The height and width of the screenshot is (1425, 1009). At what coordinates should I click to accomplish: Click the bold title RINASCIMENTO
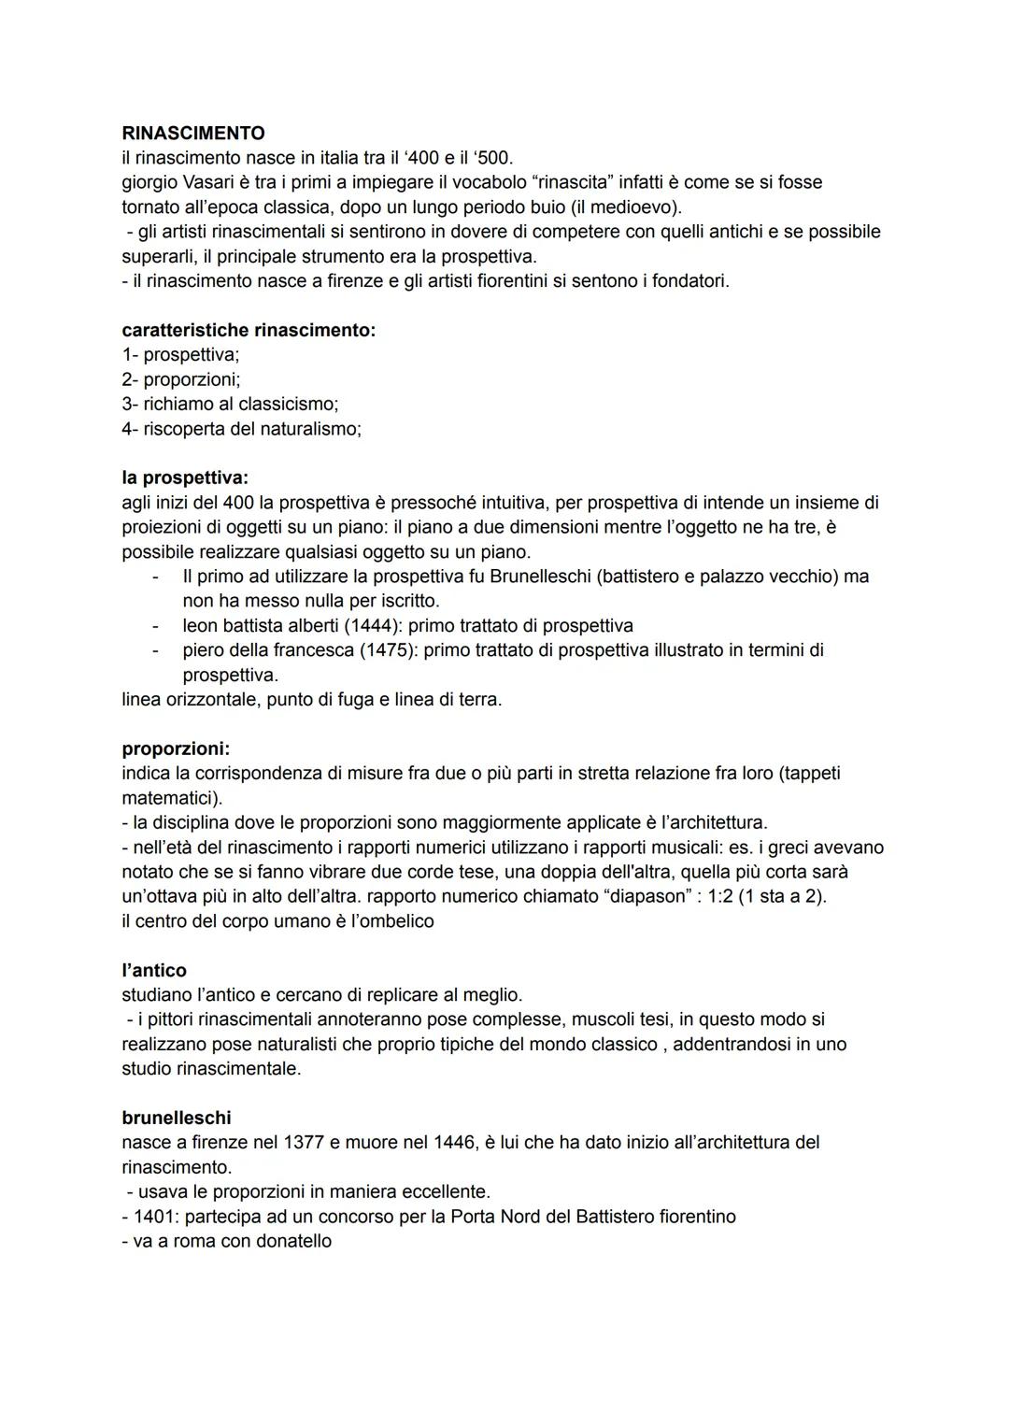coord(193,134)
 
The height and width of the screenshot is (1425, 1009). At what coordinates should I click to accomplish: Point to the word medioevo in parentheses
coord(637,207)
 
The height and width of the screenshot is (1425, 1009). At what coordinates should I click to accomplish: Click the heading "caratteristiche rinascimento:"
coord(249,331)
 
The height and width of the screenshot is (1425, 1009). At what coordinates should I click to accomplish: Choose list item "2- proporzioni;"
coord(181,379)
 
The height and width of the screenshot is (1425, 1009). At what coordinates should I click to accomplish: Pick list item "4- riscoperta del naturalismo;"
coord(241,429)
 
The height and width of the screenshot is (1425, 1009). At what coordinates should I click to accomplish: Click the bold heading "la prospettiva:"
coord(185,478)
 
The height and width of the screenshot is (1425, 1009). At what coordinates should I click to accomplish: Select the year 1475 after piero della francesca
coord(388,650)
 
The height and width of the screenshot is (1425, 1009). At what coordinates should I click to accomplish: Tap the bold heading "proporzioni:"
coord(176,749)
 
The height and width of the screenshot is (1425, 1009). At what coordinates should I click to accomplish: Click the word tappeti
coord(809,774)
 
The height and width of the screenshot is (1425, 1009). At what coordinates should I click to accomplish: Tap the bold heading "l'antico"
coord(154,971)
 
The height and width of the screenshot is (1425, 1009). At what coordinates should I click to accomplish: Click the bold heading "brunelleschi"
coord(177,1119)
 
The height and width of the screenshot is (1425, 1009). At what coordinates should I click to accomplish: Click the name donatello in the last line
coord(286,1242)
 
